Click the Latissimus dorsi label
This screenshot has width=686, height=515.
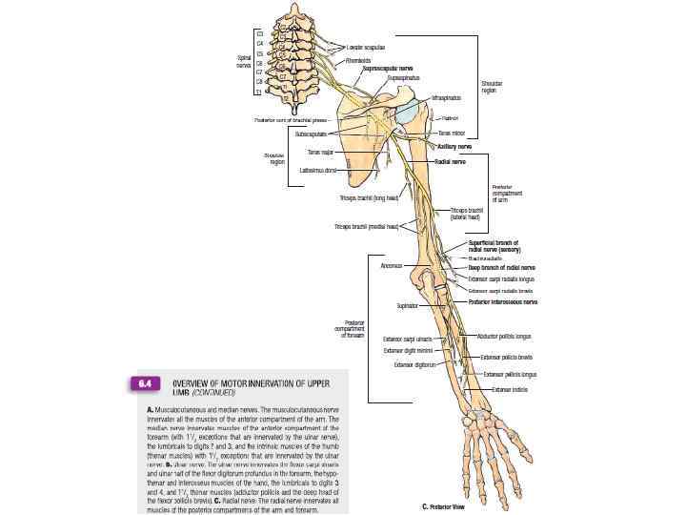(x=318, y=170)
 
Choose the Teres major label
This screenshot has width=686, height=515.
(x=320, y=152)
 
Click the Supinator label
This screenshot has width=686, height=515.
(x=407, y=306)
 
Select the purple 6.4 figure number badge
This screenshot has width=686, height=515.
(x=143, y=384)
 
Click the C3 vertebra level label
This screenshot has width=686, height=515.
(x=260, y=34)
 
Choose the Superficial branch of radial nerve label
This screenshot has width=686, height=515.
(x=493, y=246)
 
